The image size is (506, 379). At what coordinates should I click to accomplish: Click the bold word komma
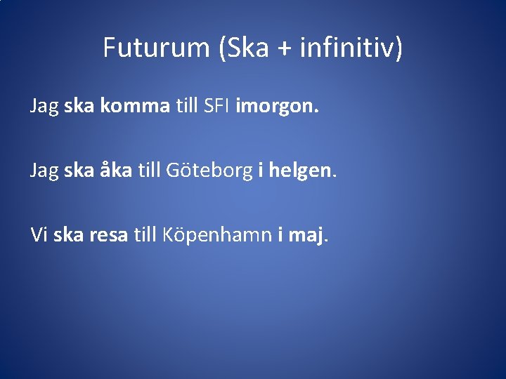click(134, 106)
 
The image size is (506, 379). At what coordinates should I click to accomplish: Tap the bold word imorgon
click(277, 107)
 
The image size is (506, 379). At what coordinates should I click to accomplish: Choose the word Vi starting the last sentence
click(39, 234)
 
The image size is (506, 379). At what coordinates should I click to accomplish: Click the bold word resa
click(108, 234)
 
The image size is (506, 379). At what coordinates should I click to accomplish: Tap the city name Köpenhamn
click(217, 235)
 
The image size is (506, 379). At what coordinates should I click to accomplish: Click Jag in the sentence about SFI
click(44, 107)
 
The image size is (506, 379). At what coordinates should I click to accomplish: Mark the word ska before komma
click(79, 106)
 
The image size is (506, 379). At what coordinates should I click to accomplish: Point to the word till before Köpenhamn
click(145, 234)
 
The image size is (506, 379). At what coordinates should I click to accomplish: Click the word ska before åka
click(79, 170)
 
